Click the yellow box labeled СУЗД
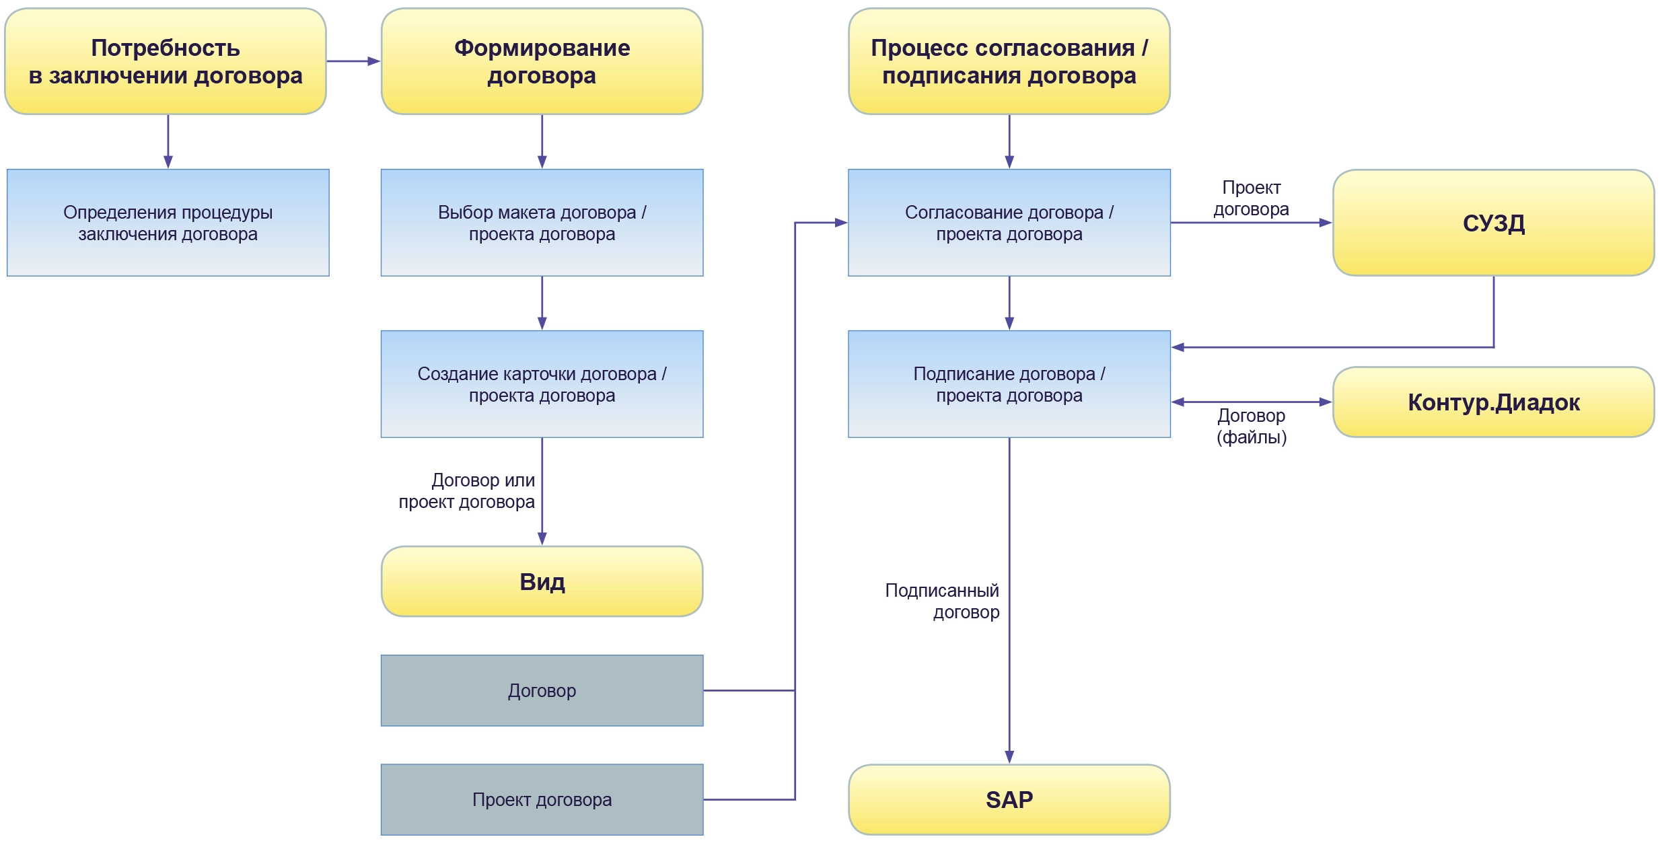click(x=1493, y=223)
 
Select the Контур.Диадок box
click(x=1493, y=402)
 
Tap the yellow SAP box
click(x=1009, y=799)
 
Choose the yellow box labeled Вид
click(x=542, y=581)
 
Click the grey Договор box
click(x=542, y=690)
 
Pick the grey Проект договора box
click(x=542, y=799)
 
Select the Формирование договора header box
click(x=542, y=61)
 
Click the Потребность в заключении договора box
click(x=166, y=61)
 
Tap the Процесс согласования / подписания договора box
click(x=1009, y=61)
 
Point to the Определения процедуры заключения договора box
click(x=168, y=223)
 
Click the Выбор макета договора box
click(x=542, y=223)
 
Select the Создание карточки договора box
click(x=542, y=384)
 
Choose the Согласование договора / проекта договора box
click(x=1009, y=223)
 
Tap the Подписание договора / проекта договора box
click(x=1009, y=384)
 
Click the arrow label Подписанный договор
click(x=942, y=601)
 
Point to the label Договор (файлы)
click(x=1251, y=427)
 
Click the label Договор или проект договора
click(x=467, y=491)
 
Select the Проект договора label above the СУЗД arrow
click(x=1251, y=198)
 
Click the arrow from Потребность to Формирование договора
click(x=353, y=61)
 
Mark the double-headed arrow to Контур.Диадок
click(x=1252, y=402)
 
